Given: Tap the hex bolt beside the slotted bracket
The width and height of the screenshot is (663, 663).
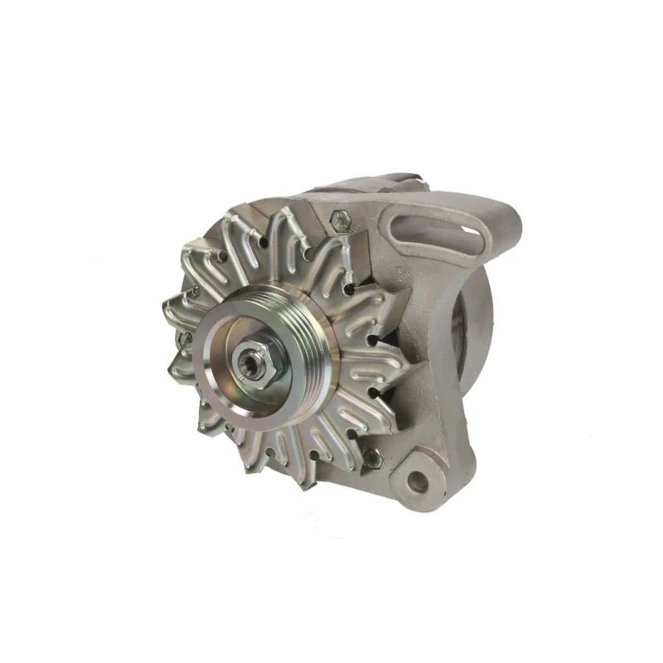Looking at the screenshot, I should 340,220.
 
